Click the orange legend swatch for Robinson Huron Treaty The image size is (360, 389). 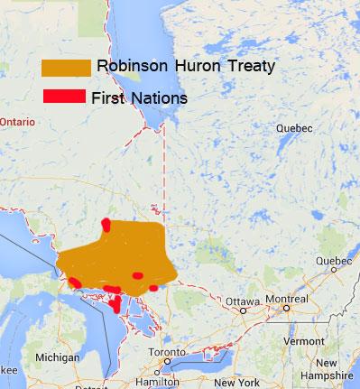[66, 69]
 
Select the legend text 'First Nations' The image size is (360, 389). [140, 97]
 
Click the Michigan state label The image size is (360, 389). [57, 357]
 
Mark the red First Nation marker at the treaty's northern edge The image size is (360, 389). [106, 224]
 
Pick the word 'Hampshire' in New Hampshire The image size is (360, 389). [331, 375]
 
